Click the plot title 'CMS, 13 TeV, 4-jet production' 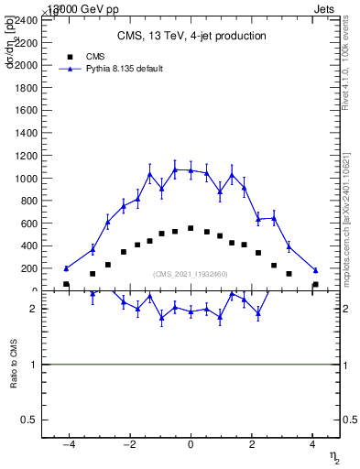pos(191,37)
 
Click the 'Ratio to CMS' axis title pos(14,365)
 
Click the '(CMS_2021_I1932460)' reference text pos(191,274)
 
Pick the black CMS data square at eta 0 pos(191,228)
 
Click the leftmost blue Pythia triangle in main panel pos(66,268)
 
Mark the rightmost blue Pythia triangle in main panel pos(315,270)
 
